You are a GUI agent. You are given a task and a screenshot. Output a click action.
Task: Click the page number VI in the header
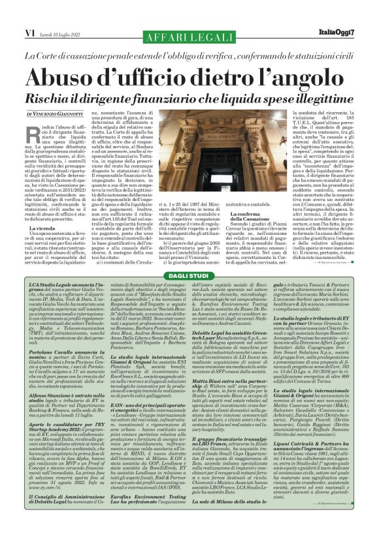[13, 11]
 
